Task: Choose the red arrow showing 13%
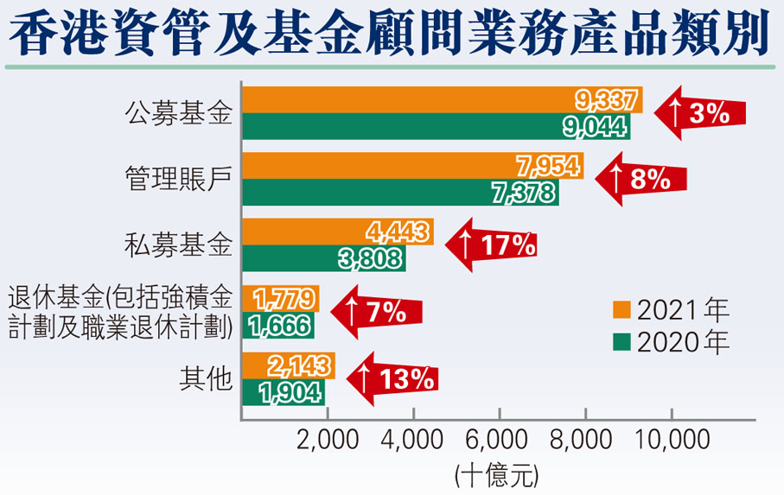(392, 378)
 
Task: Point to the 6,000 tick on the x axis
(499, 441)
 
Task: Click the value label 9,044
(595, 126)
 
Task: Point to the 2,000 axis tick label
(328, 441)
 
